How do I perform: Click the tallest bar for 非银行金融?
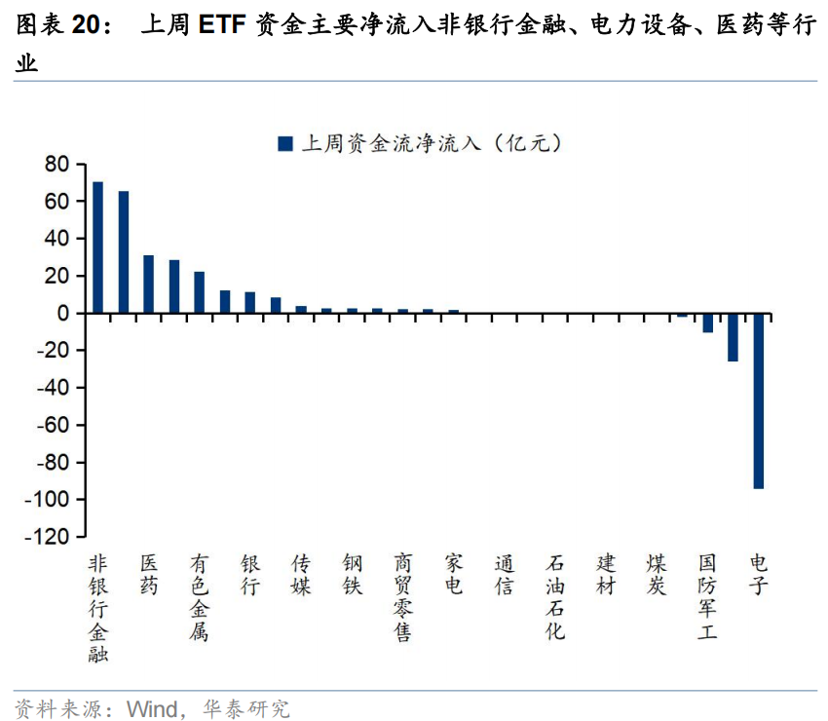coord(97,247)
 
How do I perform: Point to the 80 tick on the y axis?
coord(56,165)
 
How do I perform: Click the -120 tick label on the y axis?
coord(49,537)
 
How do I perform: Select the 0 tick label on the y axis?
coord(62,314)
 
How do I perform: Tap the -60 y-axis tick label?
coord(53,426)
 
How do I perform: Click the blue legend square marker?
coord(285,143)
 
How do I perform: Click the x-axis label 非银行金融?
coord(97,608)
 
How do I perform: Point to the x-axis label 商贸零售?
coord(402,598)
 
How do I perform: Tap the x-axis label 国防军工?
coord(707,598)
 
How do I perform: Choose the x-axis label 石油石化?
coord(554,598)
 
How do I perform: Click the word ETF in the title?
coord(223,26)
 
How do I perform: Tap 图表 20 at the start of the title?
coord(57,26)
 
